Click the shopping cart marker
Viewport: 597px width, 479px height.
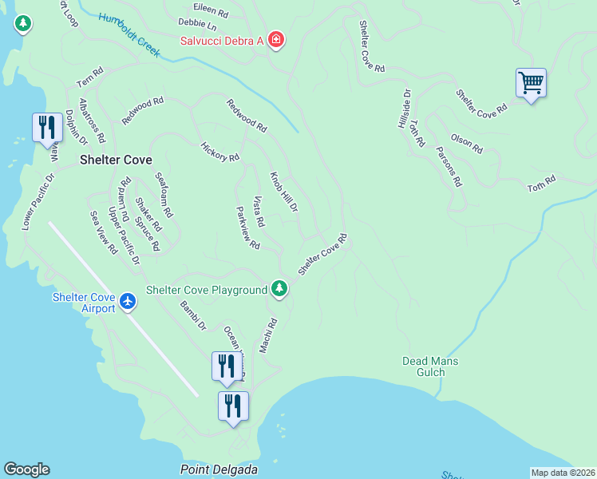[531, 83]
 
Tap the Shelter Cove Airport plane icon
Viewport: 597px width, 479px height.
[128, 302]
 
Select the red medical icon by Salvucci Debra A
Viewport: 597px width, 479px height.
[276, 39]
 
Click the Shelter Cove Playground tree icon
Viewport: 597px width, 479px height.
[279, 288]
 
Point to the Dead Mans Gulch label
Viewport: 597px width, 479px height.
[430, 366]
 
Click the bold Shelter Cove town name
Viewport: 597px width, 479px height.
[116, 160]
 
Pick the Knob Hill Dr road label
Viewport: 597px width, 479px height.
[283, 192]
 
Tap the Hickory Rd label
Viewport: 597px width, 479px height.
[219, 152]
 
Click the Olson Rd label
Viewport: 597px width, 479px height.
[466, 144]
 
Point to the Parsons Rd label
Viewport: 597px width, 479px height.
[449, 166]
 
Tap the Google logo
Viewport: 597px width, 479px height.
[26, 469]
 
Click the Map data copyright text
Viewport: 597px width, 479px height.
[563, 473]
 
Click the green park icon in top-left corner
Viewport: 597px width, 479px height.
[23, 24]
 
